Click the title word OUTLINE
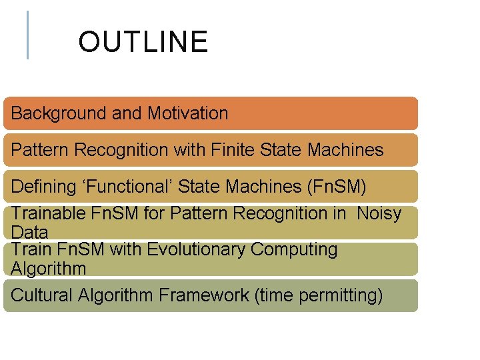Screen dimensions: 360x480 [143, 42]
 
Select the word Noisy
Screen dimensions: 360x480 [379, 213]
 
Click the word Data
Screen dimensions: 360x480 [29, 232]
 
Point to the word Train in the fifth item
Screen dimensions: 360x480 [30, 249]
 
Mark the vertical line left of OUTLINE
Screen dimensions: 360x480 [27, 35]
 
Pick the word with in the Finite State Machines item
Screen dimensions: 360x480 [189, 150]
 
